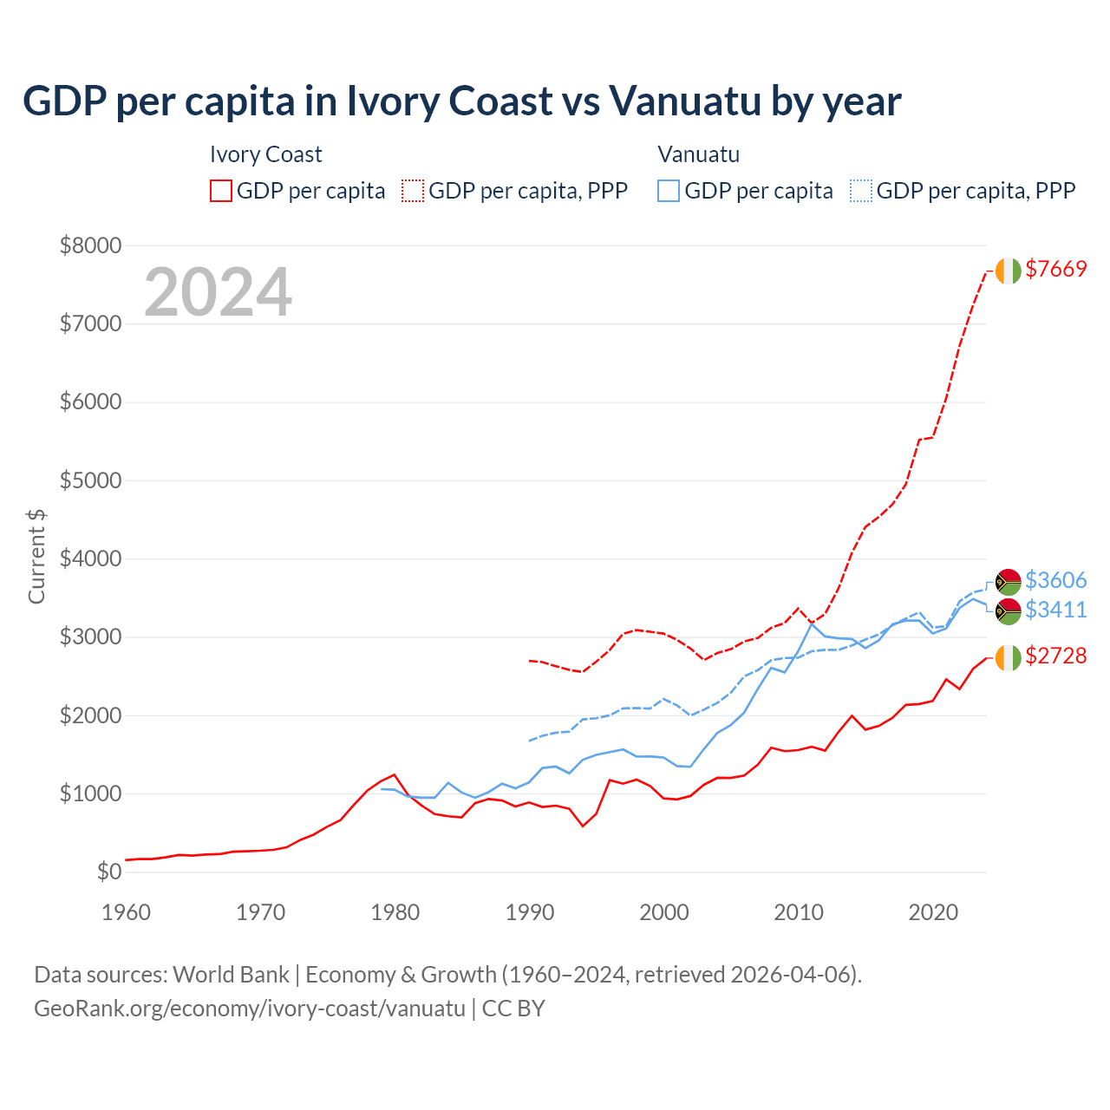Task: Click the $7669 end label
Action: click(x=1055, y=270)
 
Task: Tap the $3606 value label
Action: click(x=1055, y=580)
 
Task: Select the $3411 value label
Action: click(x=1055, y=610)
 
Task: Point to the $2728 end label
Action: click(x=1055, y=656)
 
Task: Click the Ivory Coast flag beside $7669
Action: click(x=1008, y=271)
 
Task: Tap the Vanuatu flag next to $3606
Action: click(x=1008, y=581)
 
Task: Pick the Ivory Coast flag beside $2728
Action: click(x=1008, y=657)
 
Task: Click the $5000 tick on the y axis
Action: click(x=90, y=480)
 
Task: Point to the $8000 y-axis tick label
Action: click(x=90, y=245)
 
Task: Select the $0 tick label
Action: click(x=108, y=872)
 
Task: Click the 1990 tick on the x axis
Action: click(x=530, y=912)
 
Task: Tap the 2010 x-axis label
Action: click(x=799, y=912)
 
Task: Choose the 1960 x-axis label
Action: click(x=127, y=912)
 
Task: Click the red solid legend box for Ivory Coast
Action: click(x=221, y=191)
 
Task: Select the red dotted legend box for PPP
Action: click(x=413, y=191)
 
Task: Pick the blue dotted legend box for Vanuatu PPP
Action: click(x=861, y=191)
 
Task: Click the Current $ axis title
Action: click(x=36, y=557)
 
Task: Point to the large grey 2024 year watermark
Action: click(x=218, y=292)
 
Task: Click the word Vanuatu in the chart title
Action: click(x=683, y=101)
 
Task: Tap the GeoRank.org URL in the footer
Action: click(x=250, y=1009)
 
